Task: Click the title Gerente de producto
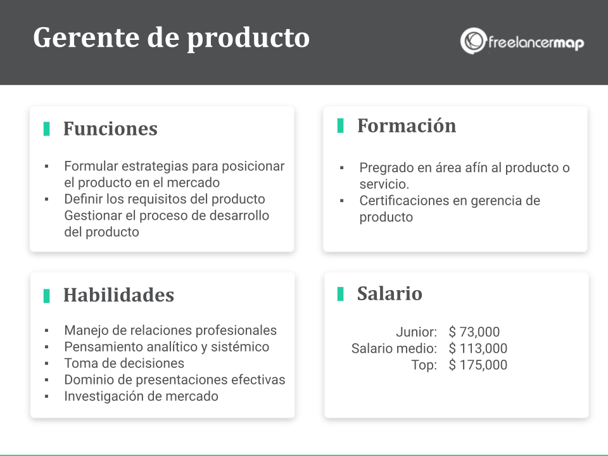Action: pyautogui.click(x=172, y=39)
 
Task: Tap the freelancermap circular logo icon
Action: pyautogui.click(x=472, y=41)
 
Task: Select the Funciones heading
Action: pyautogui.click(x=110, y=129)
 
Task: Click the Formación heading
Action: pyautogui.click(x=407, y=125)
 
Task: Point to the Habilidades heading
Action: pyautogui.click(x=118, y=294)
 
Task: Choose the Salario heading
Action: pyautogui.click(x=389, y=293)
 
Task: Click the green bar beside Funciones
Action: pyautogui.click(x=46, y=129)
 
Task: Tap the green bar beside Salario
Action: pyautogui.click(x=341, y=294)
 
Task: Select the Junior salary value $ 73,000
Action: pyautogui.click(x=474, y=332)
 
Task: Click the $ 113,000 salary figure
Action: pyautogui.click(x=478, y=348)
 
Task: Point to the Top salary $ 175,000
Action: pyautogui.click(x=478, y=365)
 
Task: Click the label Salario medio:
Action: pyautogui.click(x=394, y=348)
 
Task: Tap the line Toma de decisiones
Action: pyautogui.click(x=124, y=364)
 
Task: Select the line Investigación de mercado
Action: pyautogui.click(x=141, y=396)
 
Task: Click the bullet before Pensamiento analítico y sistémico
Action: pyautogui.click(x=46, y=347)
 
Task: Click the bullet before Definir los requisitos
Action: pyautogui.click(x=46, y=199)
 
